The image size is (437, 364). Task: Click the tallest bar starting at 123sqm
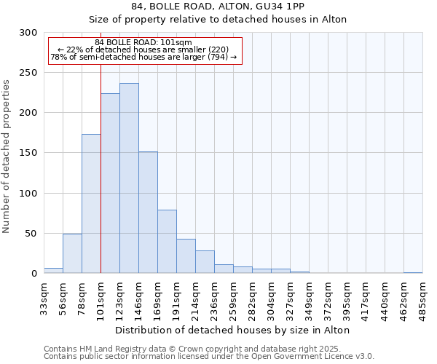pos(129,178)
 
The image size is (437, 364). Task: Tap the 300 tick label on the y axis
pos(28,33)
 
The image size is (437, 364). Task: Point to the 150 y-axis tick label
pos(28,153)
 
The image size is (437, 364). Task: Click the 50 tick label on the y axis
pos(31,234)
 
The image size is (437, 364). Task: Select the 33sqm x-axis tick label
pos(44,298)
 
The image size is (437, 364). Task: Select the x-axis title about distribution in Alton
pos(233,330)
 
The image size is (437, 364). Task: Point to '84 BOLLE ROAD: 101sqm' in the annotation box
pos(143,42)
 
